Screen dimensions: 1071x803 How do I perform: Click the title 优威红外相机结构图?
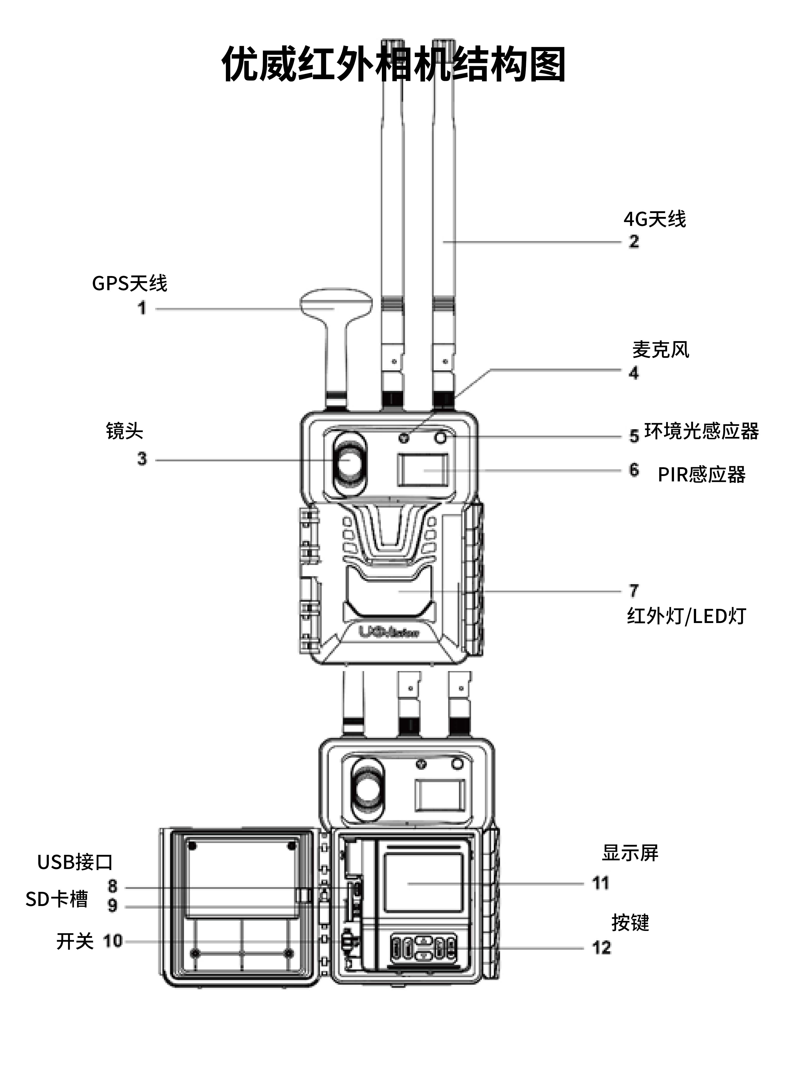click(x=393, y=65)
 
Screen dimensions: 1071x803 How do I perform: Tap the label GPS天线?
click(x=129, y=283)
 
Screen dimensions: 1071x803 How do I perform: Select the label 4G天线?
click(x=654, y=219)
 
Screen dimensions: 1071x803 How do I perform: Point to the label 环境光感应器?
click(x=701, y=431)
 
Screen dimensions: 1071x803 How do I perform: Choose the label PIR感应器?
click(x=701, y=474)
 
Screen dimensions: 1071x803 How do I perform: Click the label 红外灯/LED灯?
click(x=686, y=616)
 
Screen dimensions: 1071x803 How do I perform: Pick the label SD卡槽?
click(x=57, y=899)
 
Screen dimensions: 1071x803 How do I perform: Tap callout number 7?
click(x=634, y=590)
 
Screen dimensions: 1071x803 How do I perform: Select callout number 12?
click(x=602, y=948)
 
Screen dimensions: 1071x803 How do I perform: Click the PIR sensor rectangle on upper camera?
click(x=422, y=470)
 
